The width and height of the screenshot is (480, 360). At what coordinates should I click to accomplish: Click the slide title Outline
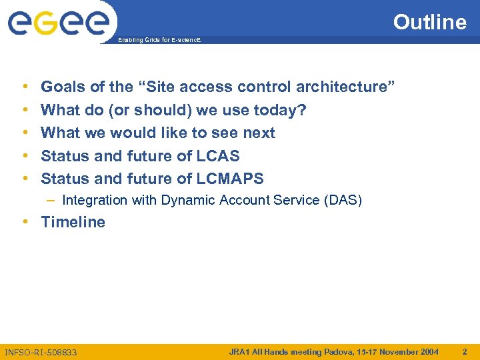429,22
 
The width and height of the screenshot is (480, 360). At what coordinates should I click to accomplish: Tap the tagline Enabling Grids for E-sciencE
159,41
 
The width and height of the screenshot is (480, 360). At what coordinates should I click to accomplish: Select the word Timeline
73,222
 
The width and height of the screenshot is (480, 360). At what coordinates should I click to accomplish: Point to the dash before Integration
52,200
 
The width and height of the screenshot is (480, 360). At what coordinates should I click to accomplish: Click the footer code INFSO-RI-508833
41,352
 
